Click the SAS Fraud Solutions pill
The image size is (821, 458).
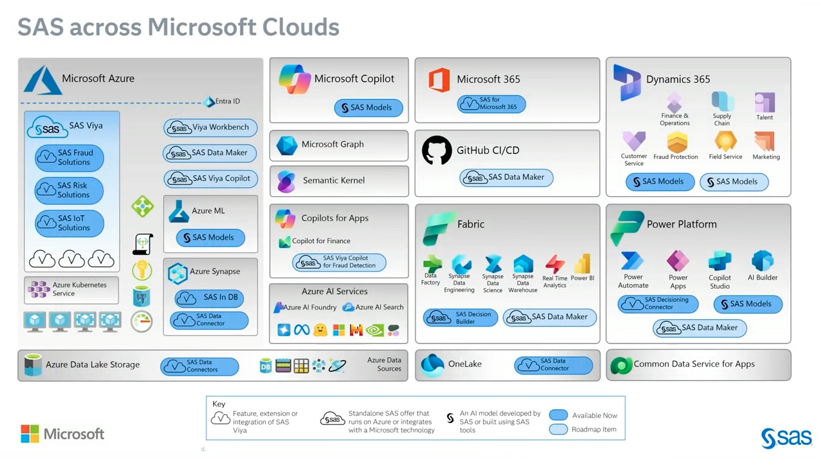(x=69, y=158)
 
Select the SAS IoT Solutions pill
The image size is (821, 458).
(x=69, y=223)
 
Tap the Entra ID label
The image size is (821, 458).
(x=227, y=101)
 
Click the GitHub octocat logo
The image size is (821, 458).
(x=437, y=150)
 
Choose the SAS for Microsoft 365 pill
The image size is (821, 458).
(x=491, y=104)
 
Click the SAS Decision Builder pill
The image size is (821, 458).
(x=460, y=317)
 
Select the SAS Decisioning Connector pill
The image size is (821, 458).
(x=658, y=303)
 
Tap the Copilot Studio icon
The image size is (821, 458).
(x=720, y=261)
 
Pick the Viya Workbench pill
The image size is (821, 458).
(x=211, y=127)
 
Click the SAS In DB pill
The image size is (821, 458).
(x=210, y=297)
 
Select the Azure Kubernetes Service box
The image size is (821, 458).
(x=71, y=289)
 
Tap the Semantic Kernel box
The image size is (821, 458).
(x=339, y=181)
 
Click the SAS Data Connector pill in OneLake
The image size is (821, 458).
(x=553, y=365)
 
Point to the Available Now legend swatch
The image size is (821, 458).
(x=558, y=415)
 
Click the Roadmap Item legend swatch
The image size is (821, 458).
(x=558, y=429)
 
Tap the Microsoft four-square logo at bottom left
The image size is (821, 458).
(x=30, y=434)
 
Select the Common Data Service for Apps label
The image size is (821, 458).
(x=694, y=364)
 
